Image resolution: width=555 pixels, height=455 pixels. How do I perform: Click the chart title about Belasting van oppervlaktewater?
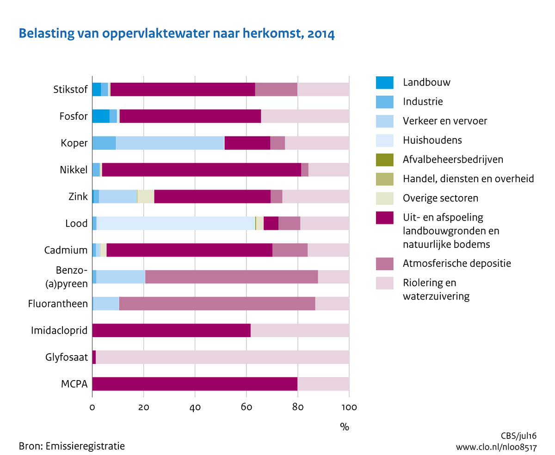(x=176, y=34)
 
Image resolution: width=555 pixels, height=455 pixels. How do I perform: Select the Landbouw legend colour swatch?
(x=384, y=82)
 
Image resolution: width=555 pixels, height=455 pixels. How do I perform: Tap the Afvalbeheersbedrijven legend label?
(x=453, y=160)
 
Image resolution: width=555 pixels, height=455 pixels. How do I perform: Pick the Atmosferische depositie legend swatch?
(x=384, y=264)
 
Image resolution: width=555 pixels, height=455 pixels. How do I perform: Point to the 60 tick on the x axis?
(x=246, y=407)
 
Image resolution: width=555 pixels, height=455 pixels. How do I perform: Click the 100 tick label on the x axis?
(x=349, y=407)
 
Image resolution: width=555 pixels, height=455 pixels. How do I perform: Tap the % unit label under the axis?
(x=344, y=427)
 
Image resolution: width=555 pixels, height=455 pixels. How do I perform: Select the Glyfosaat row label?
(x=67, y=357)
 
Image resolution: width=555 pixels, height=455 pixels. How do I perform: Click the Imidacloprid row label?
(x=59, y=331)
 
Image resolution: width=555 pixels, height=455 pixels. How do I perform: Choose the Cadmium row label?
(x=66, y=250)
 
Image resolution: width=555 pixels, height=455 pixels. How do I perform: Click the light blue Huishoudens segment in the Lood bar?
(x=176, y=223)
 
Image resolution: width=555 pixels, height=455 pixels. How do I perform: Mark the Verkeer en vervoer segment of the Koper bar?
(x=170, y=143)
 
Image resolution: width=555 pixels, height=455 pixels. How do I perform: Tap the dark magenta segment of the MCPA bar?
(x=195, y=384)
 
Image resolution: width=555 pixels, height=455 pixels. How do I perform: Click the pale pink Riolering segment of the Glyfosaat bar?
(x=222, y=357)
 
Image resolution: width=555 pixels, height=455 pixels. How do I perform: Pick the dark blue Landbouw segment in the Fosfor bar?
(x=101, y=116)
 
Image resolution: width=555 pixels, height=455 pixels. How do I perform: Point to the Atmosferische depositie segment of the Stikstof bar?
(x=276, y=89)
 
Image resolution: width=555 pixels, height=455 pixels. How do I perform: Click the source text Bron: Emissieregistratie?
(x=72, y=446)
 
